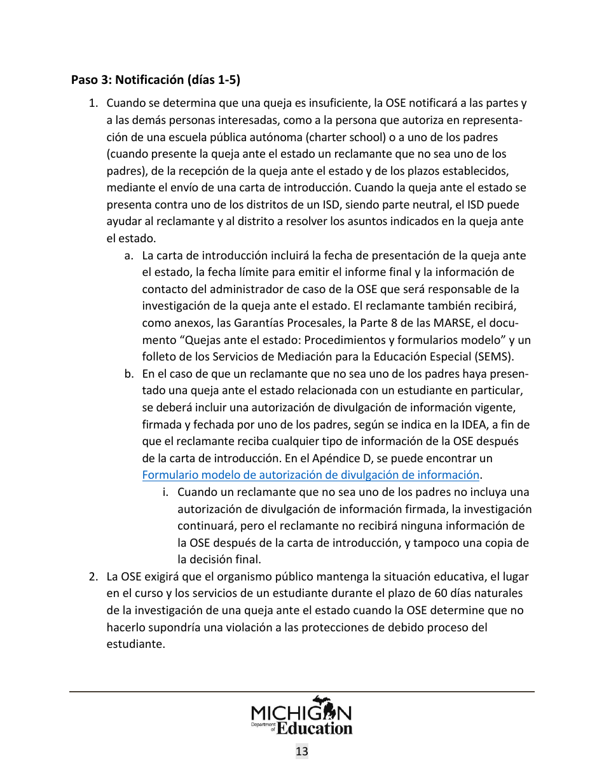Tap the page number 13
[302, 751]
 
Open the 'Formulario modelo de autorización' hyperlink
[310, 475]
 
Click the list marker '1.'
[93, 104]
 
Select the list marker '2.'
[93, 577]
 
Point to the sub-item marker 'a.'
[129, 256]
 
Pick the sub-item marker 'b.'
[129, 374]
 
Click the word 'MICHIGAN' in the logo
[301, 711]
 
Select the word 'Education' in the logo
[315, 728]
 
